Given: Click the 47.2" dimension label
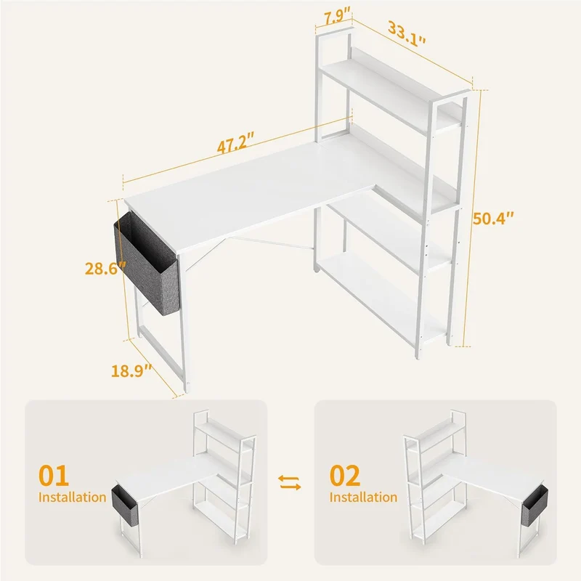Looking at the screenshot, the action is [x=235, y=142].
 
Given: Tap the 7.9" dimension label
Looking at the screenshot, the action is [x=337, y=17].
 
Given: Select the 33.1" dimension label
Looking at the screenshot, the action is [x=407, y=33].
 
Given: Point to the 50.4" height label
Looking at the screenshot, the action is [x=494, y=219].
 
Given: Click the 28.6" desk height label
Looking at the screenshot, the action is [x=105, y=268].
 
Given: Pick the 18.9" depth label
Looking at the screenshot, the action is [x=131, y=370].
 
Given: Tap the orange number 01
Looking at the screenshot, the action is [x=54, y=476].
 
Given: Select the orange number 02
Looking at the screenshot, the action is [x=345, y=476].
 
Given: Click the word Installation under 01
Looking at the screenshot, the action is [x=72, y=497].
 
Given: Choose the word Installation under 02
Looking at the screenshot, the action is [x=364, y=497].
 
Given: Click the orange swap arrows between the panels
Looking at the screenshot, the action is [x=290, y=482].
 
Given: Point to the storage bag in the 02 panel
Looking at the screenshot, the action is [x=535, y=505].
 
